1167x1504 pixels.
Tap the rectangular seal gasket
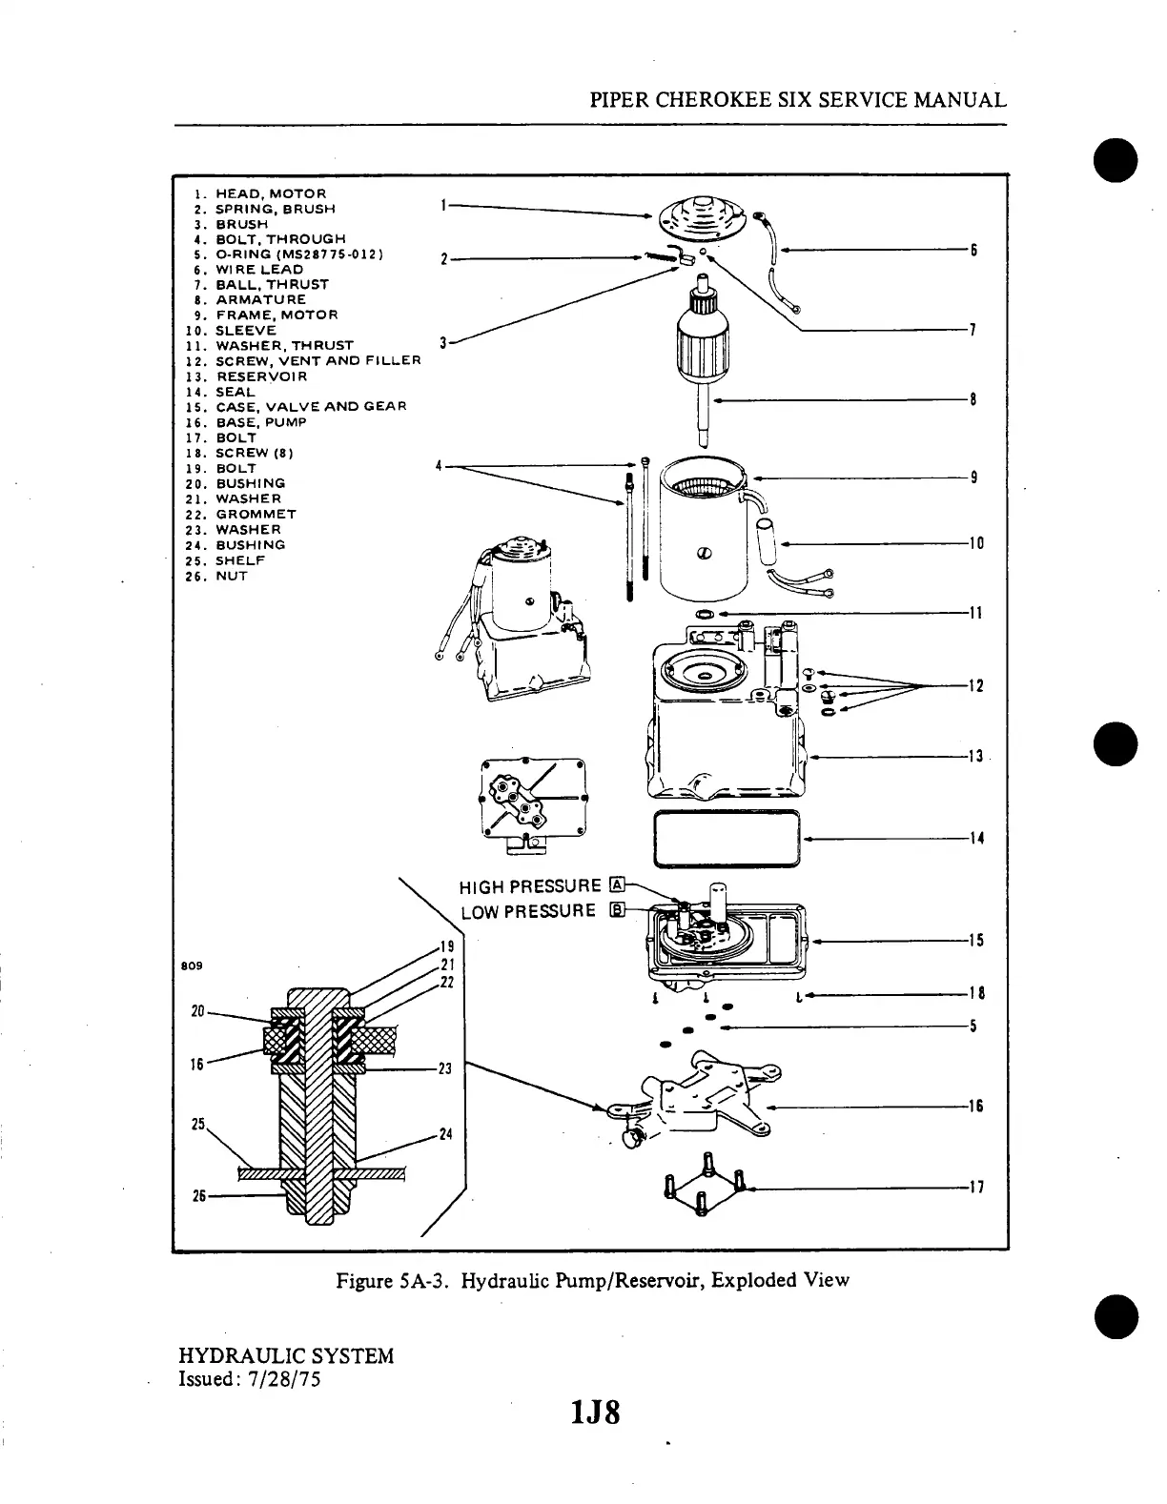pyautogui.click(x=727, y=838)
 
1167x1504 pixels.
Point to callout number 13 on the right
pyautogui.click(x=974, y=757)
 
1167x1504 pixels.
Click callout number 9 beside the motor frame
pyautogui.click(x=974, y=478)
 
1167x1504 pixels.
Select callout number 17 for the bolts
pyautogui.click(x=974, y=1188)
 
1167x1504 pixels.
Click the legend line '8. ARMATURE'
pyautogui.click(x=250, y=299)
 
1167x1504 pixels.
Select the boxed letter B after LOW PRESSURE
pyautogui.click(x=617, y=911)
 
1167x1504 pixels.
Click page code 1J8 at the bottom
pyautogui.click(x=595, y=1411)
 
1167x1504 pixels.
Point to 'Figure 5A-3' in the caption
pyautogui.click(x=393, y=1279)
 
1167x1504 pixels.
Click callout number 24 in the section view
pyautogui.click(x=444, y=1134)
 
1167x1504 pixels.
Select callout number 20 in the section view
pyautogui.click(x=198, y=1010)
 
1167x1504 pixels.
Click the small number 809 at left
pyautogui.click(x=191, y=965)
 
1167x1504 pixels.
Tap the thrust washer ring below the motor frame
pyautogui.click(x=704, y=613)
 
